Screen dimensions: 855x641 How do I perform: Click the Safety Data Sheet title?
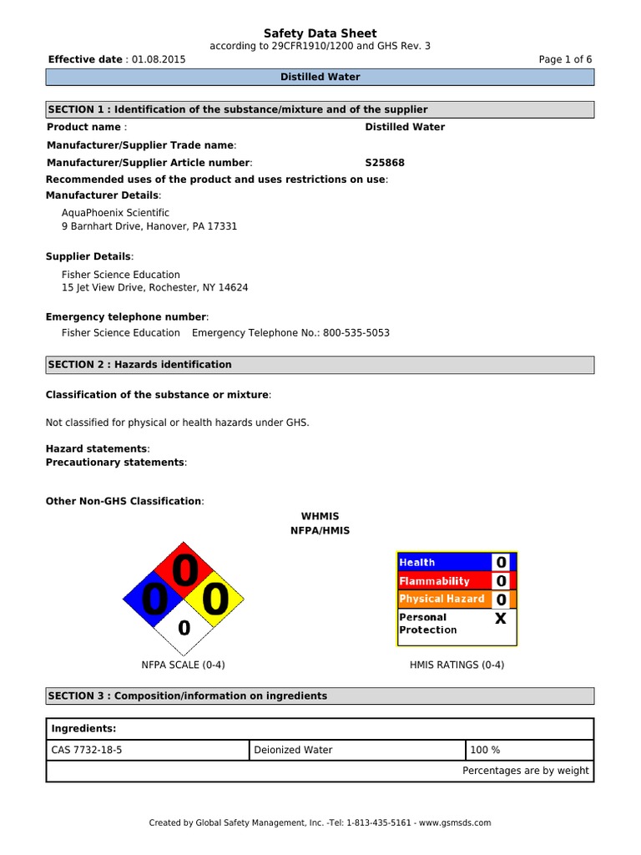pos(320,33)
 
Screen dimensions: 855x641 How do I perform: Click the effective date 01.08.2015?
pos(159,60)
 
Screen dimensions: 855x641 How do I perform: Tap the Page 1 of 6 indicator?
pos(567,60)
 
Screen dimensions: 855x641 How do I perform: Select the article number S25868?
pos(385,163)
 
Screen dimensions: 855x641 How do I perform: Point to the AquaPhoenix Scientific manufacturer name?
pos(115,213)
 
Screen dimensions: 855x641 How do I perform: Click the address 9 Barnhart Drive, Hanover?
pos(149,226)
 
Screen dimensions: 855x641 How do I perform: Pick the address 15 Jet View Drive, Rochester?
pos(154,287)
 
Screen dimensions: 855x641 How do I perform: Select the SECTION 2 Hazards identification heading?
pos(140,365)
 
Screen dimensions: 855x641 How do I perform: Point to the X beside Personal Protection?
pos(500,619)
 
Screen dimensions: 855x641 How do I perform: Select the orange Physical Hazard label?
pos(442,599)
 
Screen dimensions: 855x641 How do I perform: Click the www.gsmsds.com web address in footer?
pos(455,822)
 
